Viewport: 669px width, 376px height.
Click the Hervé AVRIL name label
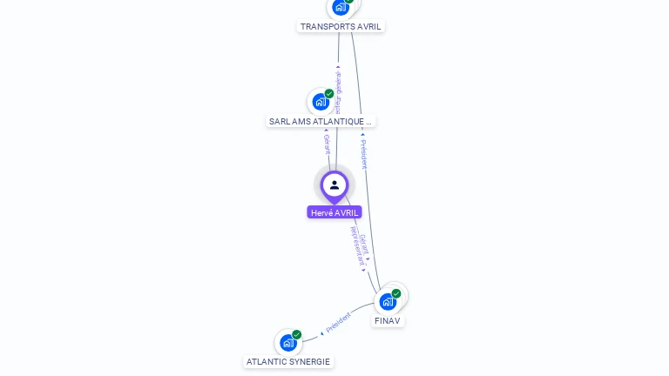tap(334, 212)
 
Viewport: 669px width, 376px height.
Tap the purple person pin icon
tap(334, 185)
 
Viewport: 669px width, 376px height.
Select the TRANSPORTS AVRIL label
tap(341, 26)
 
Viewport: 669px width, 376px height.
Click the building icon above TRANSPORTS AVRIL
tap(341, 7)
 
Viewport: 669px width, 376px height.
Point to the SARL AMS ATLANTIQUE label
tap(321, 122)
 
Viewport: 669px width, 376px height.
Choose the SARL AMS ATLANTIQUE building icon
tap(321, 102)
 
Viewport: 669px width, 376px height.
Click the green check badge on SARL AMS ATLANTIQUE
tap(329, 93)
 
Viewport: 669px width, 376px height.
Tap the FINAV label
tap(388, 321)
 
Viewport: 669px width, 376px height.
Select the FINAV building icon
tap(388, 301)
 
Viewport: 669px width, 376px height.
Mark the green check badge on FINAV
tap(396, 293)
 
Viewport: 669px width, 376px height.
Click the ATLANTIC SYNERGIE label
tap(288, 361)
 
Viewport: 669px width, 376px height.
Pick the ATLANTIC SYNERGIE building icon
tap(288, 342)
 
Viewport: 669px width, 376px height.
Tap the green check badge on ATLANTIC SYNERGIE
tap(297, 334)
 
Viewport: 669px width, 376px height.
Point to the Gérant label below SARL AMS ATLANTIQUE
tap(327, 144)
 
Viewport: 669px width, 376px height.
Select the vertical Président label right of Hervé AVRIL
tap(363, 153)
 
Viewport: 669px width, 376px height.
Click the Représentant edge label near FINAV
tap(356, 248)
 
